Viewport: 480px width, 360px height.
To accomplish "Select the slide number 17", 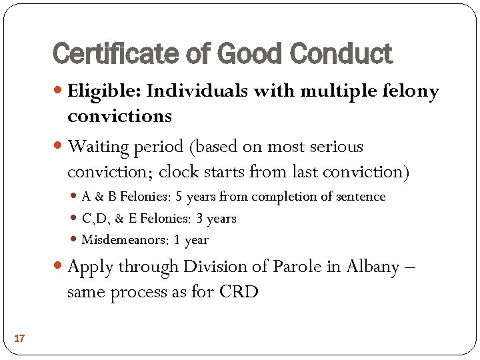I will (19, 339).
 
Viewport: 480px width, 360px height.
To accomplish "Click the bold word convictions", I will (119, 116).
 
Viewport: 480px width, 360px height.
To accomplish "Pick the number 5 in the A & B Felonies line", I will (179, 197).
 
